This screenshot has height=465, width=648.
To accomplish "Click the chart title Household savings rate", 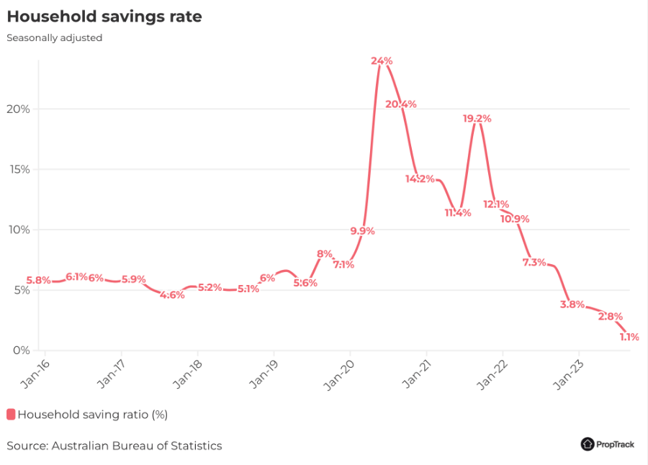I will [x=104, y=17].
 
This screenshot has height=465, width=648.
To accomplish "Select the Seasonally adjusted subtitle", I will [x=55, y=37].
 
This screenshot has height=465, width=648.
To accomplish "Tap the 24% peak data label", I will [x=382, y=61].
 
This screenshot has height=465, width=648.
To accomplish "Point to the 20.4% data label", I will [x=401, y=104].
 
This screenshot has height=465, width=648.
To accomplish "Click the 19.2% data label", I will [x=477, y=119].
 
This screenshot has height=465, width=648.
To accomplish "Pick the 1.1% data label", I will [x=629, y=336].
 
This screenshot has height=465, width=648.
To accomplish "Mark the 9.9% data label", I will [x=362, y=230].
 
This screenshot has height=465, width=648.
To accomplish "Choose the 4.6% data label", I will [x=172, y=294].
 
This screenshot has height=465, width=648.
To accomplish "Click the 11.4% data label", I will [x=458, y=212].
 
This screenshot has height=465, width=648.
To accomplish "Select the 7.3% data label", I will [x=534, y=262].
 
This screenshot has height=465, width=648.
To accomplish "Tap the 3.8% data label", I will [x=572, y=304].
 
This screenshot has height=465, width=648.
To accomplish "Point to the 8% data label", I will [x=325, y=254].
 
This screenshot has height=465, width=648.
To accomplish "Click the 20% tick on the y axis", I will [x=18, y=109].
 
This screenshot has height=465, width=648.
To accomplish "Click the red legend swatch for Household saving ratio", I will [x=11, y=414].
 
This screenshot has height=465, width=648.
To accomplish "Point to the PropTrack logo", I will [x=608, y=444].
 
